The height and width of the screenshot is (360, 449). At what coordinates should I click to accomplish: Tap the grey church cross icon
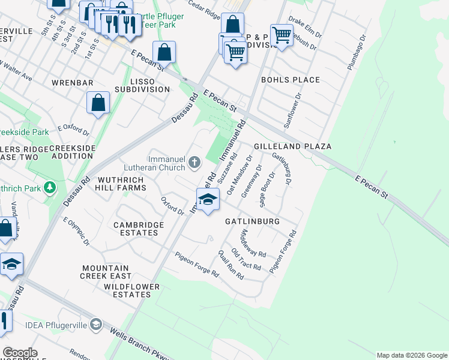tap(194, 162)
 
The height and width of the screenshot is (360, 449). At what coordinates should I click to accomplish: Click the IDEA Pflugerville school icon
tap(96, 325)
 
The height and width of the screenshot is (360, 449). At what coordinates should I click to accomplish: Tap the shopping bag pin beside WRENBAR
tap(98, 103)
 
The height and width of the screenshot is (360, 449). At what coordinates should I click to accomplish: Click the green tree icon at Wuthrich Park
tap(50, 188)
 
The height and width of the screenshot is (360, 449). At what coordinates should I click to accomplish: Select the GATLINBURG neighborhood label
tap(252, 221)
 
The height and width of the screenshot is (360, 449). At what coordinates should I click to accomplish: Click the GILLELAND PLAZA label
tap(292, 146)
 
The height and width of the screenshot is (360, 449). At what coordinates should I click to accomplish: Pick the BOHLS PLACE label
tap(290, 80)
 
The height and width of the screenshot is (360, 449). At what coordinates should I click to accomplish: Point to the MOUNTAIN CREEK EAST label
tap(106, 272)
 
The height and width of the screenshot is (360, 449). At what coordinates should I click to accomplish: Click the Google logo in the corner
tap(19, 353)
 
